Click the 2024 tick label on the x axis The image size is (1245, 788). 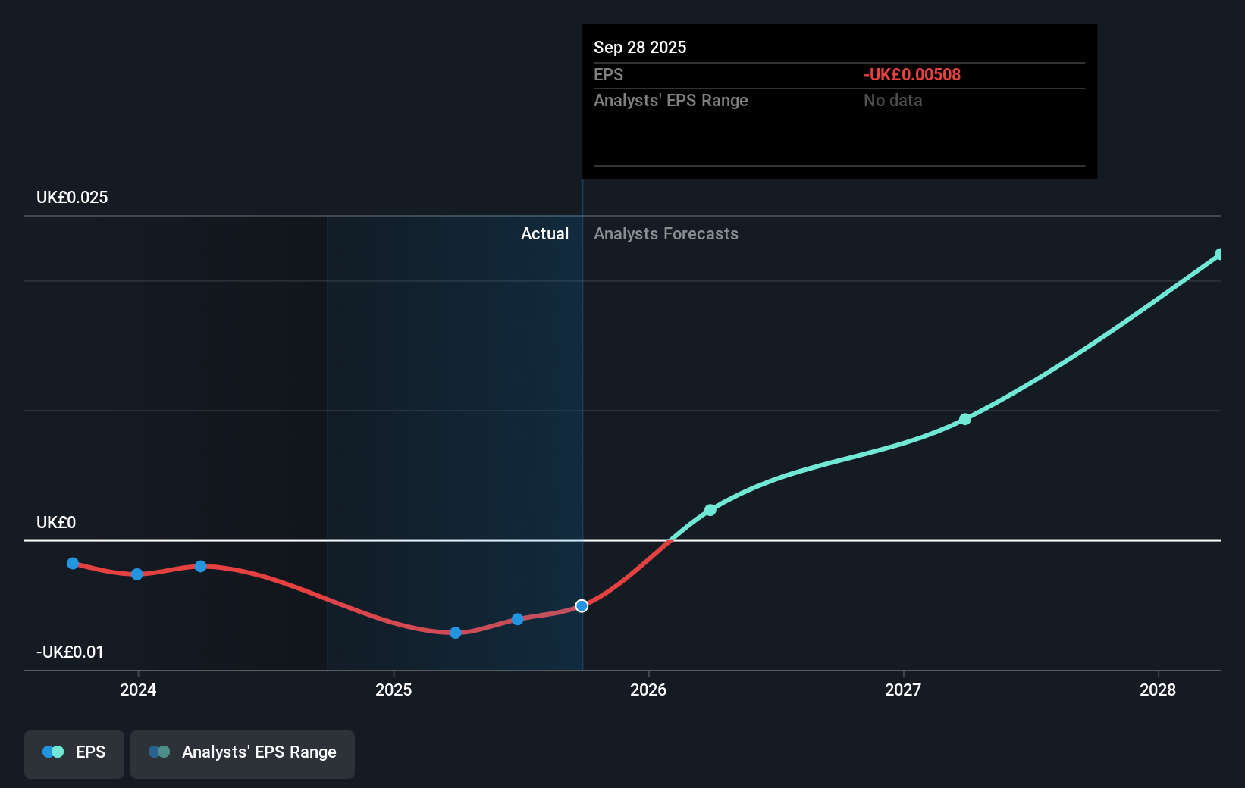[x=138, y=689]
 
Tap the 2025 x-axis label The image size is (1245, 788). [x=394, y=689]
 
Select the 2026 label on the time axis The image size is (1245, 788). [x=648, y=689]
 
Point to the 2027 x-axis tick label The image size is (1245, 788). [x=903, y=689]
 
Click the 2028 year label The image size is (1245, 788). [x=1158, y=689]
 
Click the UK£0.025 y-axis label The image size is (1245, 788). [x=72, y=198]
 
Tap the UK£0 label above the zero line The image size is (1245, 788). [x=56, y=523]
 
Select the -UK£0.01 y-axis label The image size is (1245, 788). [x=70, y=652]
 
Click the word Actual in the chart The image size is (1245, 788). [x=544, y=234]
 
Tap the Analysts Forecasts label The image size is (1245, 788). [x=666, y=234]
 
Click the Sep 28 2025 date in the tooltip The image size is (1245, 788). [x=640, y=48]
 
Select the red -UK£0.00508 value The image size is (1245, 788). [x=911, y=75]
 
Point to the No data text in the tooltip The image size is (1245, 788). [x=892, y=101]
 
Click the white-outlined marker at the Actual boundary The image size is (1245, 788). [x=582, y=606]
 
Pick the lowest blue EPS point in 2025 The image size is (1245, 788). [x=455, y=633]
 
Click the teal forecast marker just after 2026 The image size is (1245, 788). [x=710, y=510]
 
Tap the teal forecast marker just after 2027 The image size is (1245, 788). [x=965, y=419]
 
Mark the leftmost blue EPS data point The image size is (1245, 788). [x=73, y=563]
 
